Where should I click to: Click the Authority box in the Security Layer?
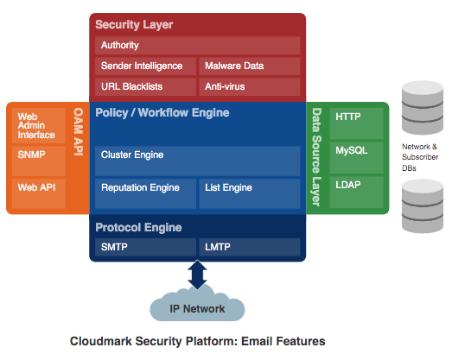197,45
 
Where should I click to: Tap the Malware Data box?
249,66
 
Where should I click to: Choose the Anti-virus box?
249,86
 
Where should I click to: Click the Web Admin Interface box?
39,126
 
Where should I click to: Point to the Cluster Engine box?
197,155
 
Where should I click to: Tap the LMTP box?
249,248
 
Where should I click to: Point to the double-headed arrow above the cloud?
197,275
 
